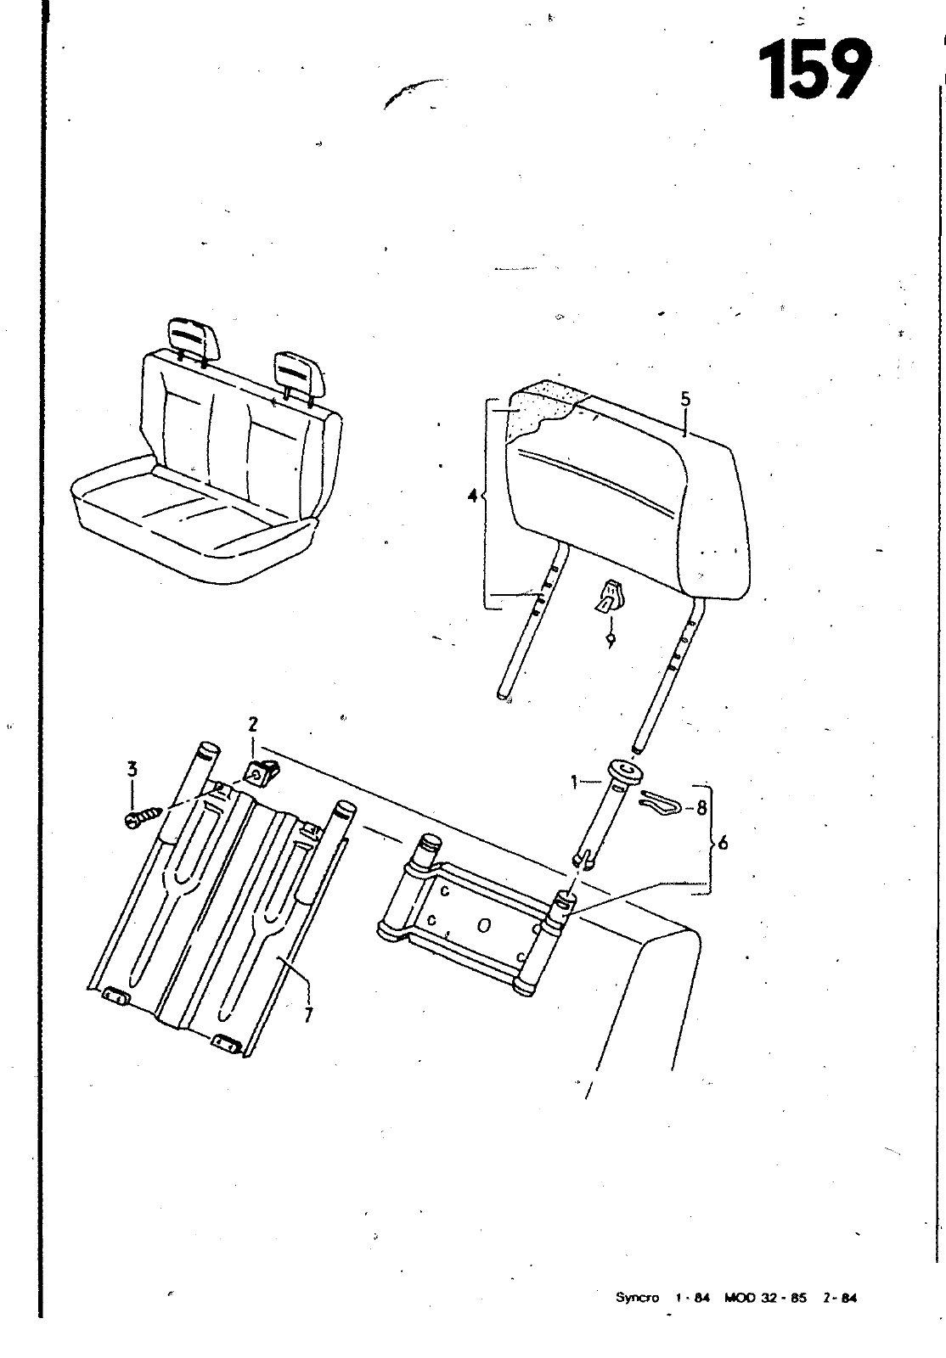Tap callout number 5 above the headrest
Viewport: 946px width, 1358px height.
(x=684, y=400)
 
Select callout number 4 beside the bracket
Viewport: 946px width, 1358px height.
(x=472, y=496)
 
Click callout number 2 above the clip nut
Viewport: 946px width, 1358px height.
(x=252, y=724)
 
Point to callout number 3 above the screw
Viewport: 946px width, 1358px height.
(x=132, y=769)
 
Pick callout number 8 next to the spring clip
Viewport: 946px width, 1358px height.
(x=701, y=807)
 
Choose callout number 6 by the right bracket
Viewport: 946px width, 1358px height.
(x=722, y=843)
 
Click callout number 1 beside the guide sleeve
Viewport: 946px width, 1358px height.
(x=573, y=783)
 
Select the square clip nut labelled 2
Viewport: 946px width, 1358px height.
(x=262, y=772)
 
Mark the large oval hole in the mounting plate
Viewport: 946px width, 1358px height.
(x=483, y=925)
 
